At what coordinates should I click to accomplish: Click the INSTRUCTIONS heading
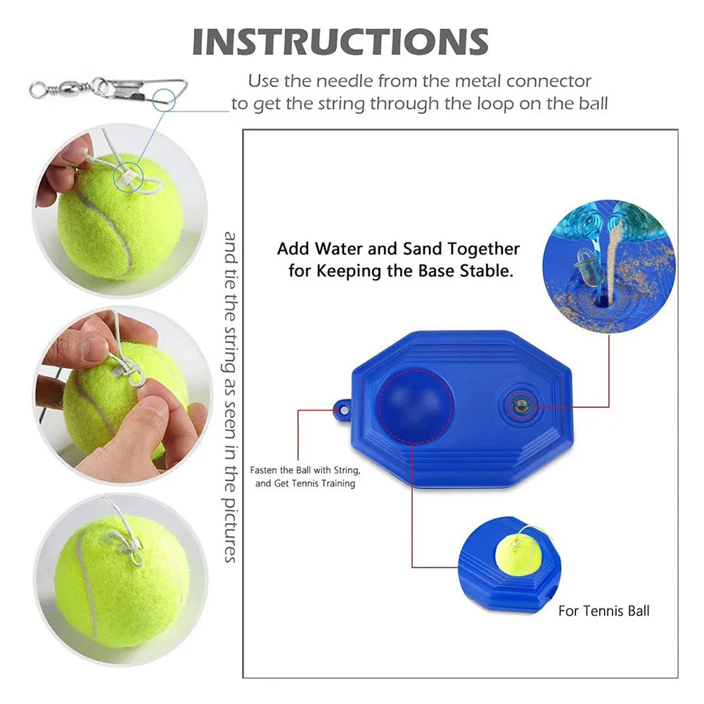pyautogui.click(x=340, y=41)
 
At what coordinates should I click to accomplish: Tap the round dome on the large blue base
pyautogui.click(x=416, y=402)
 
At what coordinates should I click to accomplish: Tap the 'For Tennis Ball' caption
pyautogui.click(x=604, y=610)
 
